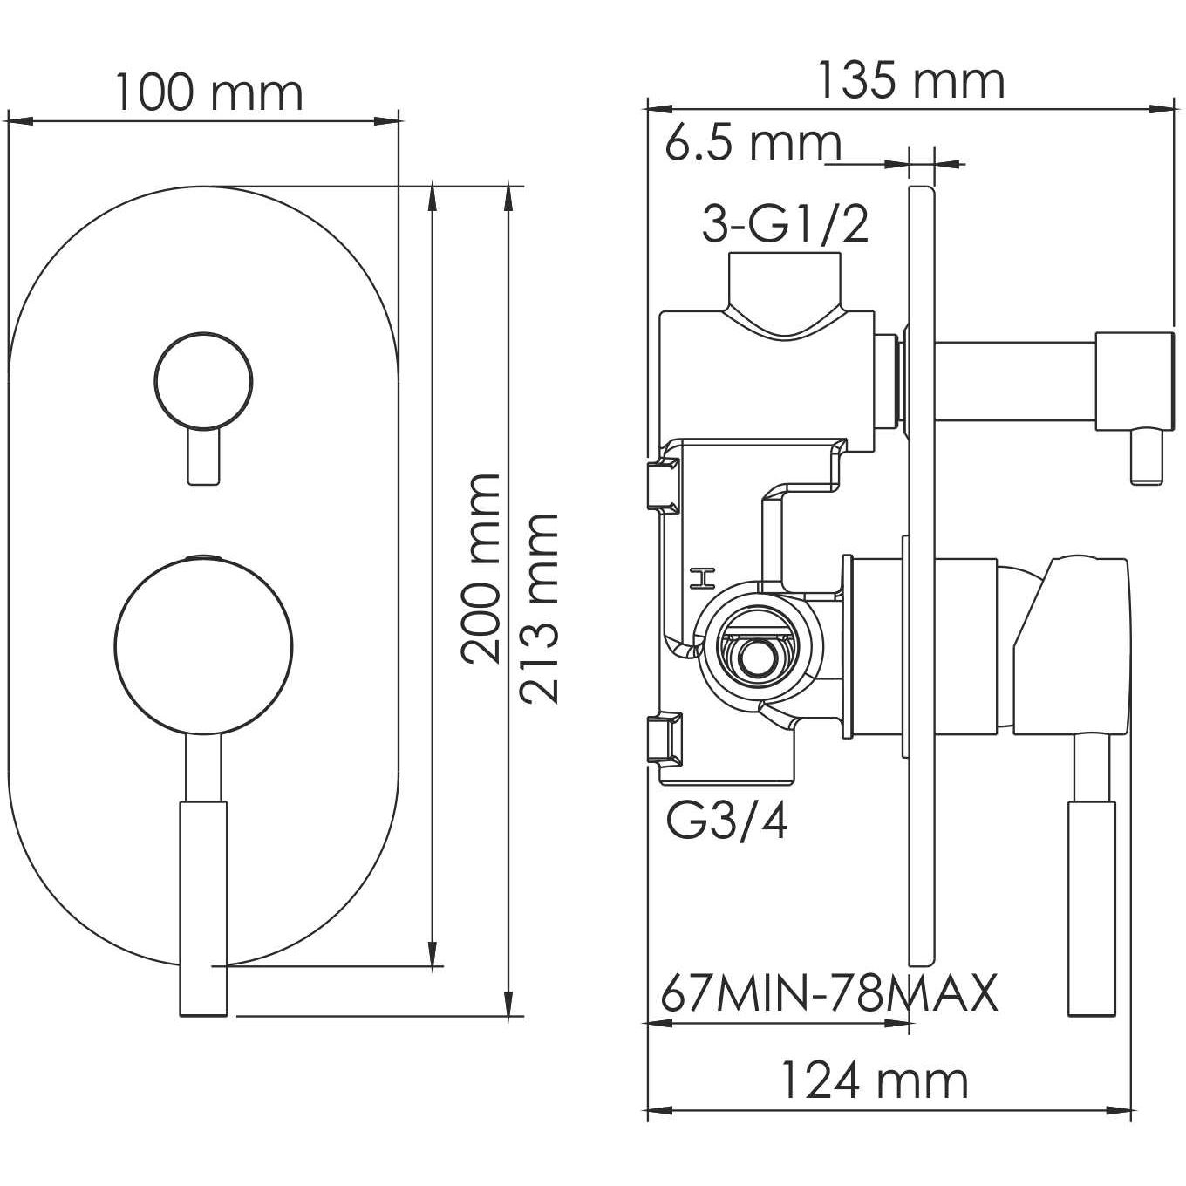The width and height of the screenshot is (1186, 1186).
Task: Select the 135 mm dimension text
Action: (910, 81)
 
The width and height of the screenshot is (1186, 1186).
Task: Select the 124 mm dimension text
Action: (873, 1080)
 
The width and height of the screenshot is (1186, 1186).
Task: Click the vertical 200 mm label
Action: (481, 568)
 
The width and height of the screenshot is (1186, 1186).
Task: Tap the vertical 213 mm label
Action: (538, 608)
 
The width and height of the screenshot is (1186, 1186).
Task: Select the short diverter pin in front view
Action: (203, 455)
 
